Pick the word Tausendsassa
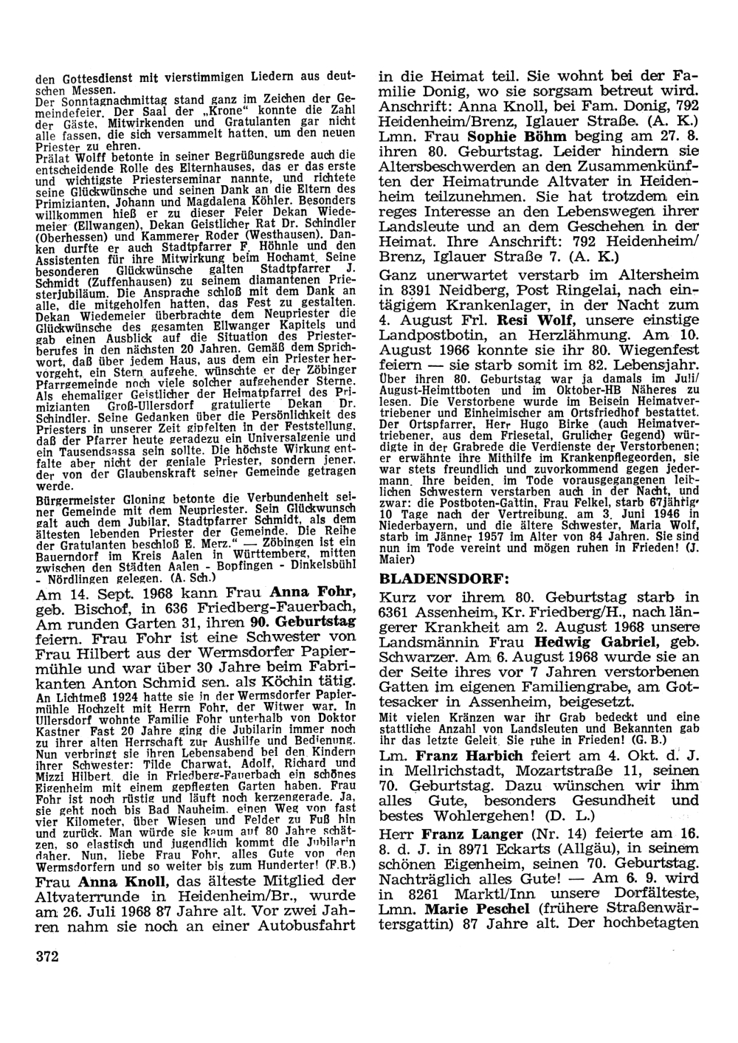78,451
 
